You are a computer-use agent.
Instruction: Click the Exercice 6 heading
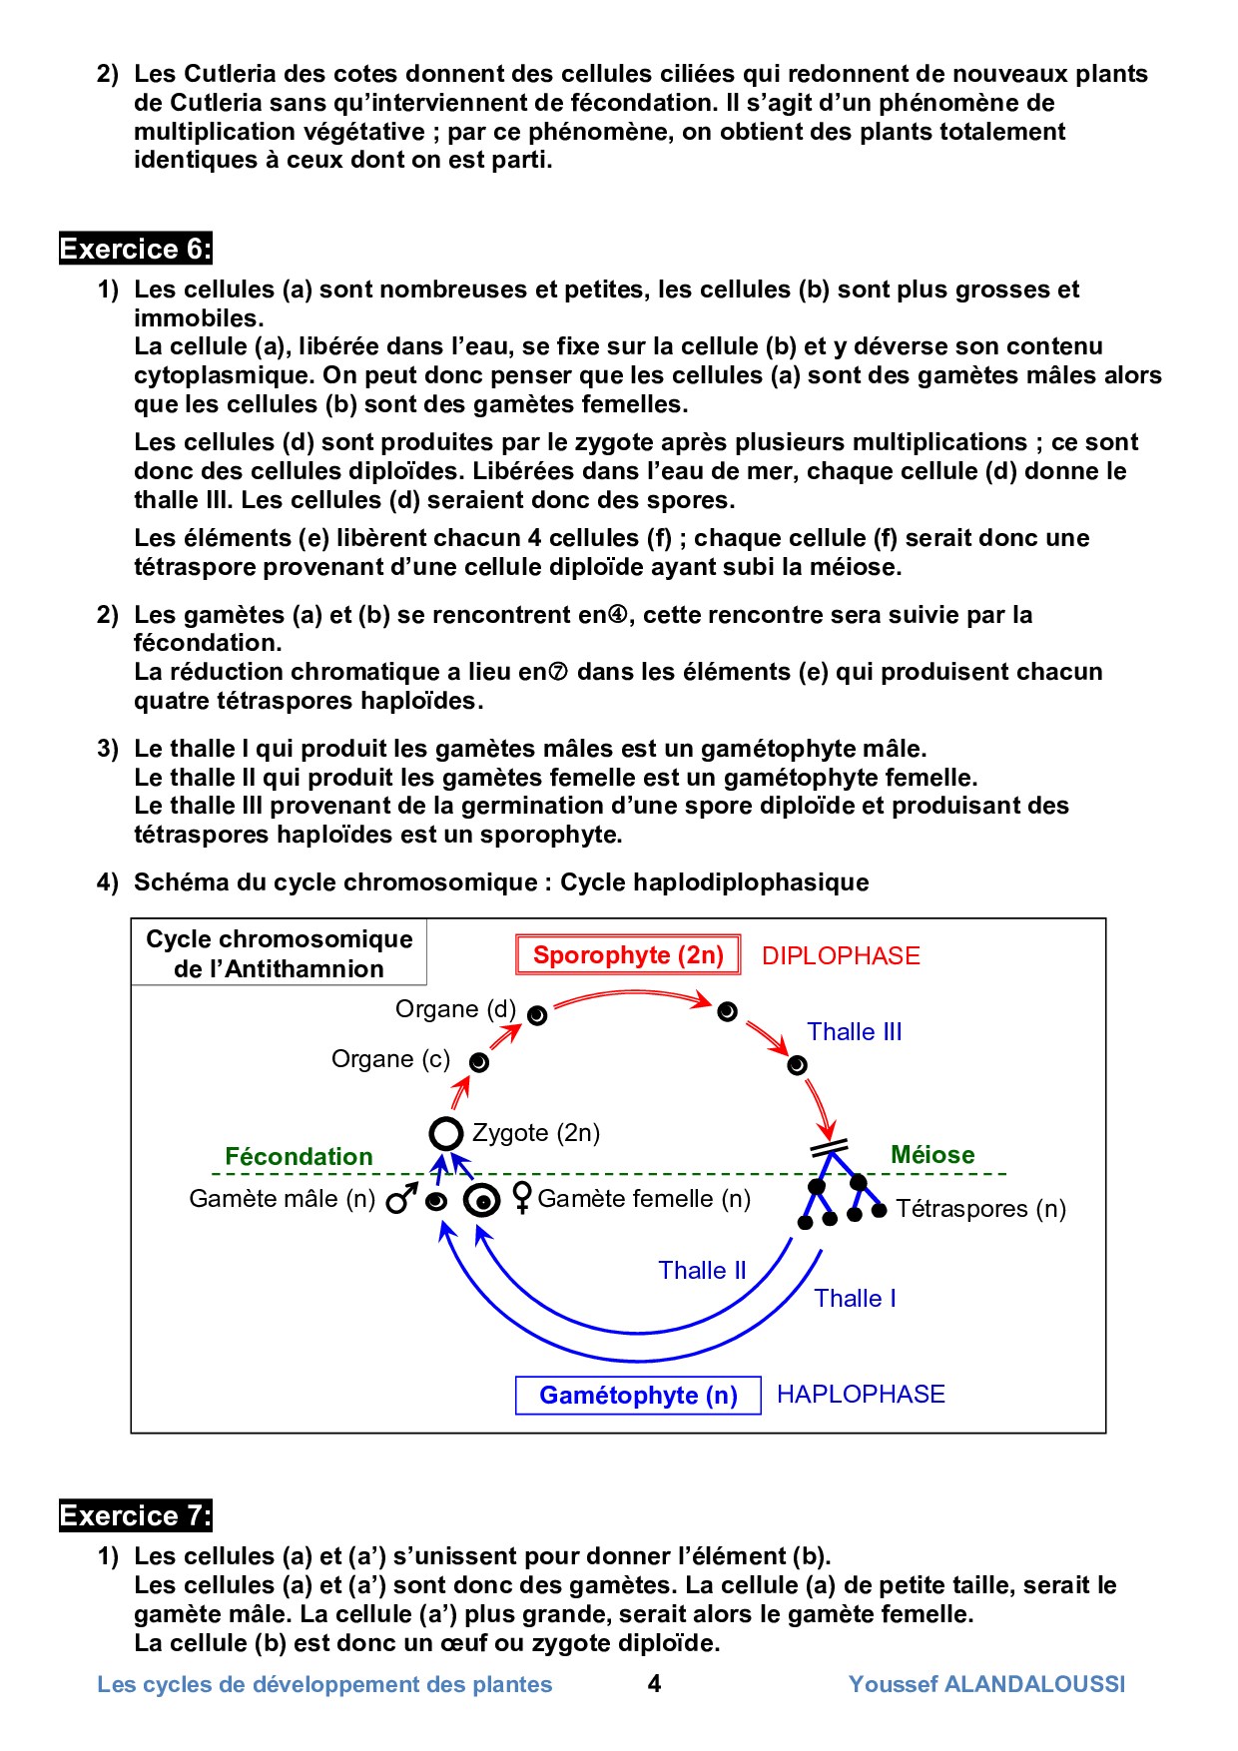coord(136,249)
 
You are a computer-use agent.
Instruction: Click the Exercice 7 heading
coord(136,1515)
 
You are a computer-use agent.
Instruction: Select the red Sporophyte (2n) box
coord(628,955)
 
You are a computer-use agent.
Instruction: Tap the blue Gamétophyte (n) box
coord(638,1395)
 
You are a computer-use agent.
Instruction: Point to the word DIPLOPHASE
coord(841,955)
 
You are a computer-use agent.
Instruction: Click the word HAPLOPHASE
coord(861,1395)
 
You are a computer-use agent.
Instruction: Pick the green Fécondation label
coord(299,1156)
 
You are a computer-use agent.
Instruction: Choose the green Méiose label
coord(932,1155)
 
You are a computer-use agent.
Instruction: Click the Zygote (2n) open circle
coord(446,1134)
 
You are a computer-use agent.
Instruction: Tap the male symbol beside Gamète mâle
coord(400,1199)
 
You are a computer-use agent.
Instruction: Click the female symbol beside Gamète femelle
coord(521,1197)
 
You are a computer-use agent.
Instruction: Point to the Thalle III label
coord(855,1032)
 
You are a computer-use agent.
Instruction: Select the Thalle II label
coord(702,1270)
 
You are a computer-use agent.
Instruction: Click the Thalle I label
coord(855,1298)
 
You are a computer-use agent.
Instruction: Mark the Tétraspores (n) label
coord(980,1209)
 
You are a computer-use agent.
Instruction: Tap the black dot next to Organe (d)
coord(537,1016)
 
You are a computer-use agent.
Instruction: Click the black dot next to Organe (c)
coord(479,1062)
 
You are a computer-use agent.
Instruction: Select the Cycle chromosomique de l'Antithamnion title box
coord(279,953)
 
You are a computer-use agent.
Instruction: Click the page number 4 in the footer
coord(654,1684)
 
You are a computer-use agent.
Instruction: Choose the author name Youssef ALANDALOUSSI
coord(986,1684)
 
